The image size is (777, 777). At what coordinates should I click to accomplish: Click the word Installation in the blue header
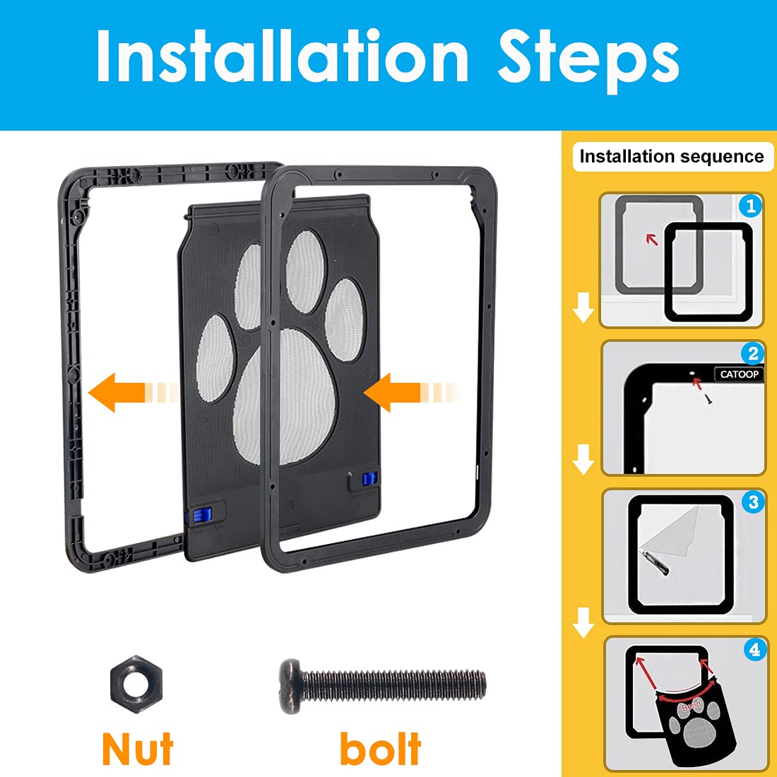pos(283,57)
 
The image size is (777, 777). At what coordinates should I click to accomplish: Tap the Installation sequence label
pos(672,157)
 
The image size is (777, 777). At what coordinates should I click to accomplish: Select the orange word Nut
pos(138,749)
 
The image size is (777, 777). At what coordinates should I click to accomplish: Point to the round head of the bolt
pos(290,686)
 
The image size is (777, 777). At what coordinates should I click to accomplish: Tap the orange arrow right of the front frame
pos(396,392)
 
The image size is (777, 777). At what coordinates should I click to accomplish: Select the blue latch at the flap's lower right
pos(366,480)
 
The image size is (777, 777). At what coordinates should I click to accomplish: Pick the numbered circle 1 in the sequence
pos(750,206)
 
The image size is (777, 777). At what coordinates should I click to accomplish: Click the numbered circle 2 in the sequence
pos(753,354)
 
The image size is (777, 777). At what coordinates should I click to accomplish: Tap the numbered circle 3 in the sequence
pos(754,502)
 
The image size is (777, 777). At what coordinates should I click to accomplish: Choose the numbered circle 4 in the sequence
pos(755,649)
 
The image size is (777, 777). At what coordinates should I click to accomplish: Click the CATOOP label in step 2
pos(739,374)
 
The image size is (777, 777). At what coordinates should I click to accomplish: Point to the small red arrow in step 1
pos(652,239)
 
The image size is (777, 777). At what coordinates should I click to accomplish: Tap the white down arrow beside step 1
pos(583,309)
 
